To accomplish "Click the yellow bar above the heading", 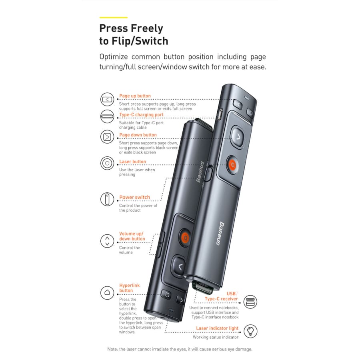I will click(113, 18).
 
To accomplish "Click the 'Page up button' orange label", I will click(135, 96).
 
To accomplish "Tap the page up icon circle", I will click(107, 99).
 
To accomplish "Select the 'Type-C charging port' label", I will click(141, 115).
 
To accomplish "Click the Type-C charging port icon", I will click(107, 116).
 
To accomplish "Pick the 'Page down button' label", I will click(138, 135).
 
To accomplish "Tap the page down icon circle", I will click(107, 137).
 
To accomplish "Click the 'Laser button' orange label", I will click(132, 162).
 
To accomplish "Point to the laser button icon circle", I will click(107, 163).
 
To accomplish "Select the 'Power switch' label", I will click(134, 198).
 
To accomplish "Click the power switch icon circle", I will click(107, 199).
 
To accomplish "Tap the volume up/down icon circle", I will click(107, 241).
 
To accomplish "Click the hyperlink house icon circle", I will click(107, 292).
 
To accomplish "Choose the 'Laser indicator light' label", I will click(217, 328).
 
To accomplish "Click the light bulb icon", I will click(250, 331).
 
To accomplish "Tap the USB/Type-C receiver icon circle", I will click(250, 302).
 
